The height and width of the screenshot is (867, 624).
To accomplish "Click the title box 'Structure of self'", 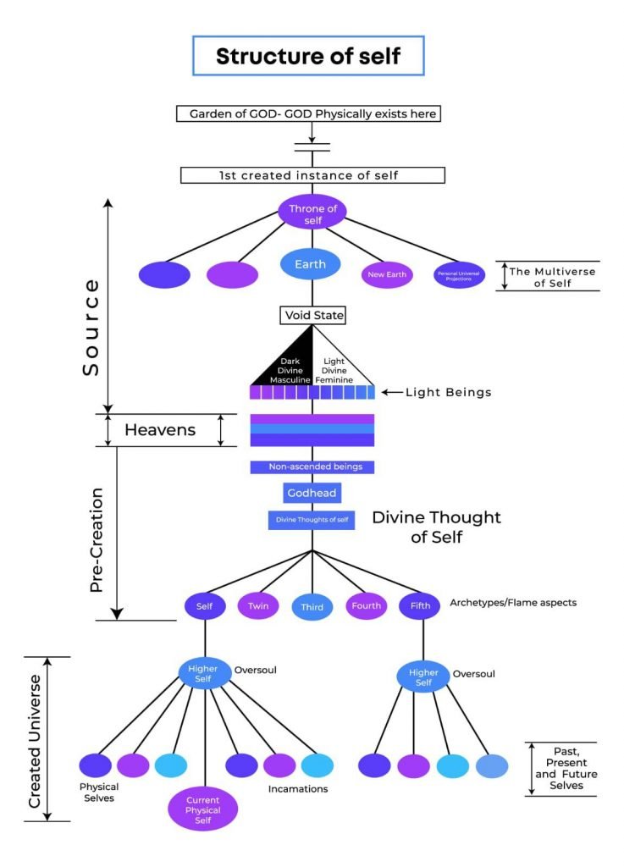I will pyautogui.click(x=307, y=57).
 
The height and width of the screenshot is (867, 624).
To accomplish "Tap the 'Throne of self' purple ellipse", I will pyautogui.click(x=312, y=212).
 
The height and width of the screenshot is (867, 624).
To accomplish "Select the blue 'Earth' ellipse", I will pyautogui.click(x=310, y=264).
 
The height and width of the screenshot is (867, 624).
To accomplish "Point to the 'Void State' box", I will pyautogui.click(x=312, y=316).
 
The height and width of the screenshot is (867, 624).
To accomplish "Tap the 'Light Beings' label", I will pyautogui.click(x=449, y=393).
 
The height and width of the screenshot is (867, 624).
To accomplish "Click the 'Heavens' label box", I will pyautogui.click(x=160, y=430).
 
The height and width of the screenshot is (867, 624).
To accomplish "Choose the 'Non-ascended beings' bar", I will pyautogui.click(x=312, y=467).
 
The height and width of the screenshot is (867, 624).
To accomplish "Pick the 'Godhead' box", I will pyautogui.click(x=312, y=493).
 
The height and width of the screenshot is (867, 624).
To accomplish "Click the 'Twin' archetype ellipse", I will pyautogui.click(x=257, y=606).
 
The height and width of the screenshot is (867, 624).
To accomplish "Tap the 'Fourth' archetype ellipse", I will pyautogui.click(x=367, y=606).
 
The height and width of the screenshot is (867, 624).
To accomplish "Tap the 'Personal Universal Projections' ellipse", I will pyautogui.click(x=458, y=274).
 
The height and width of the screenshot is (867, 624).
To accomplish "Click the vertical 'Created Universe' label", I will pyautogui.click(x=36, y=738).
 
